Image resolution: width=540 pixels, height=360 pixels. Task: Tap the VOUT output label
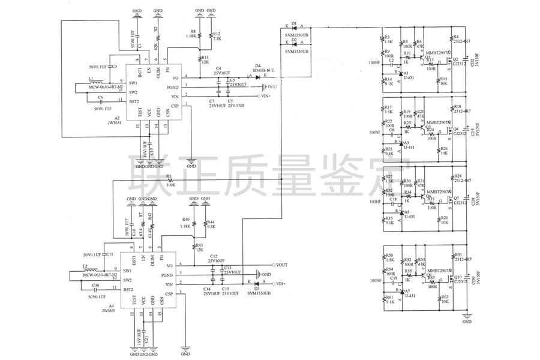(x=283, y=265)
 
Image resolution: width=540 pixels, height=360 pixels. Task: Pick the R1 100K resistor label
(x=170, y=181)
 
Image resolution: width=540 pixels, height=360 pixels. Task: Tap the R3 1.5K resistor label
(x=388, y=40)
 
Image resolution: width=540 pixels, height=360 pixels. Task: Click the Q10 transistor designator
(x=458, y=277)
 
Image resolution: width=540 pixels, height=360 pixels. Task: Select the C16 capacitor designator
(x=96, y=286)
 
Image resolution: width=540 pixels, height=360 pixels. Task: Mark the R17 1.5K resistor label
(x=388, y=109)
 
